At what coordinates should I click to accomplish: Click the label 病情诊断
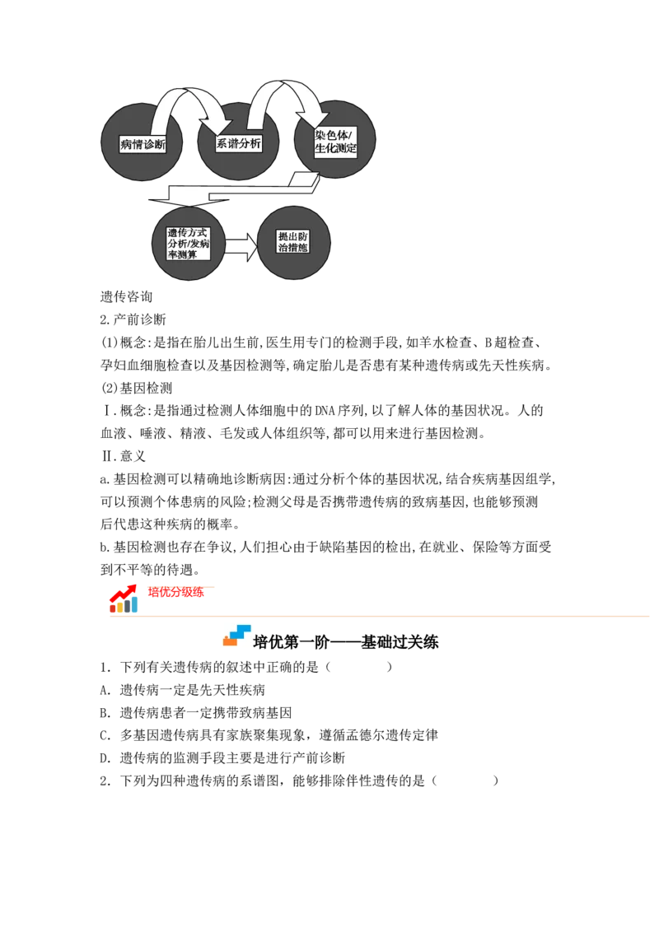pyautogui.click(x=143, y=145)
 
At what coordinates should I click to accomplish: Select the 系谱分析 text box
pyautogui.click(x=239, y=143)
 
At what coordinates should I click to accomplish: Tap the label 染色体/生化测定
pyautogui.click(x=335, y=142)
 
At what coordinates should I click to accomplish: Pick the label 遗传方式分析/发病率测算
pyautogui.click(x=188, y=244)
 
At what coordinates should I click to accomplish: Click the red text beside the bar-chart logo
pyautogui.click(x=174, y=591)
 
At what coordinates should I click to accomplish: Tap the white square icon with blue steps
pyautogui.click(x=236, y=636)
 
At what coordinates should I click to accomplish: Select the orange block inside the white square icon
pyautogui.click(x=229, y=641)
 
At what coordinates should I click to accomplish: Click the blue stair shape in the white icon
pyautogui.click(x=241, y=631)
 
